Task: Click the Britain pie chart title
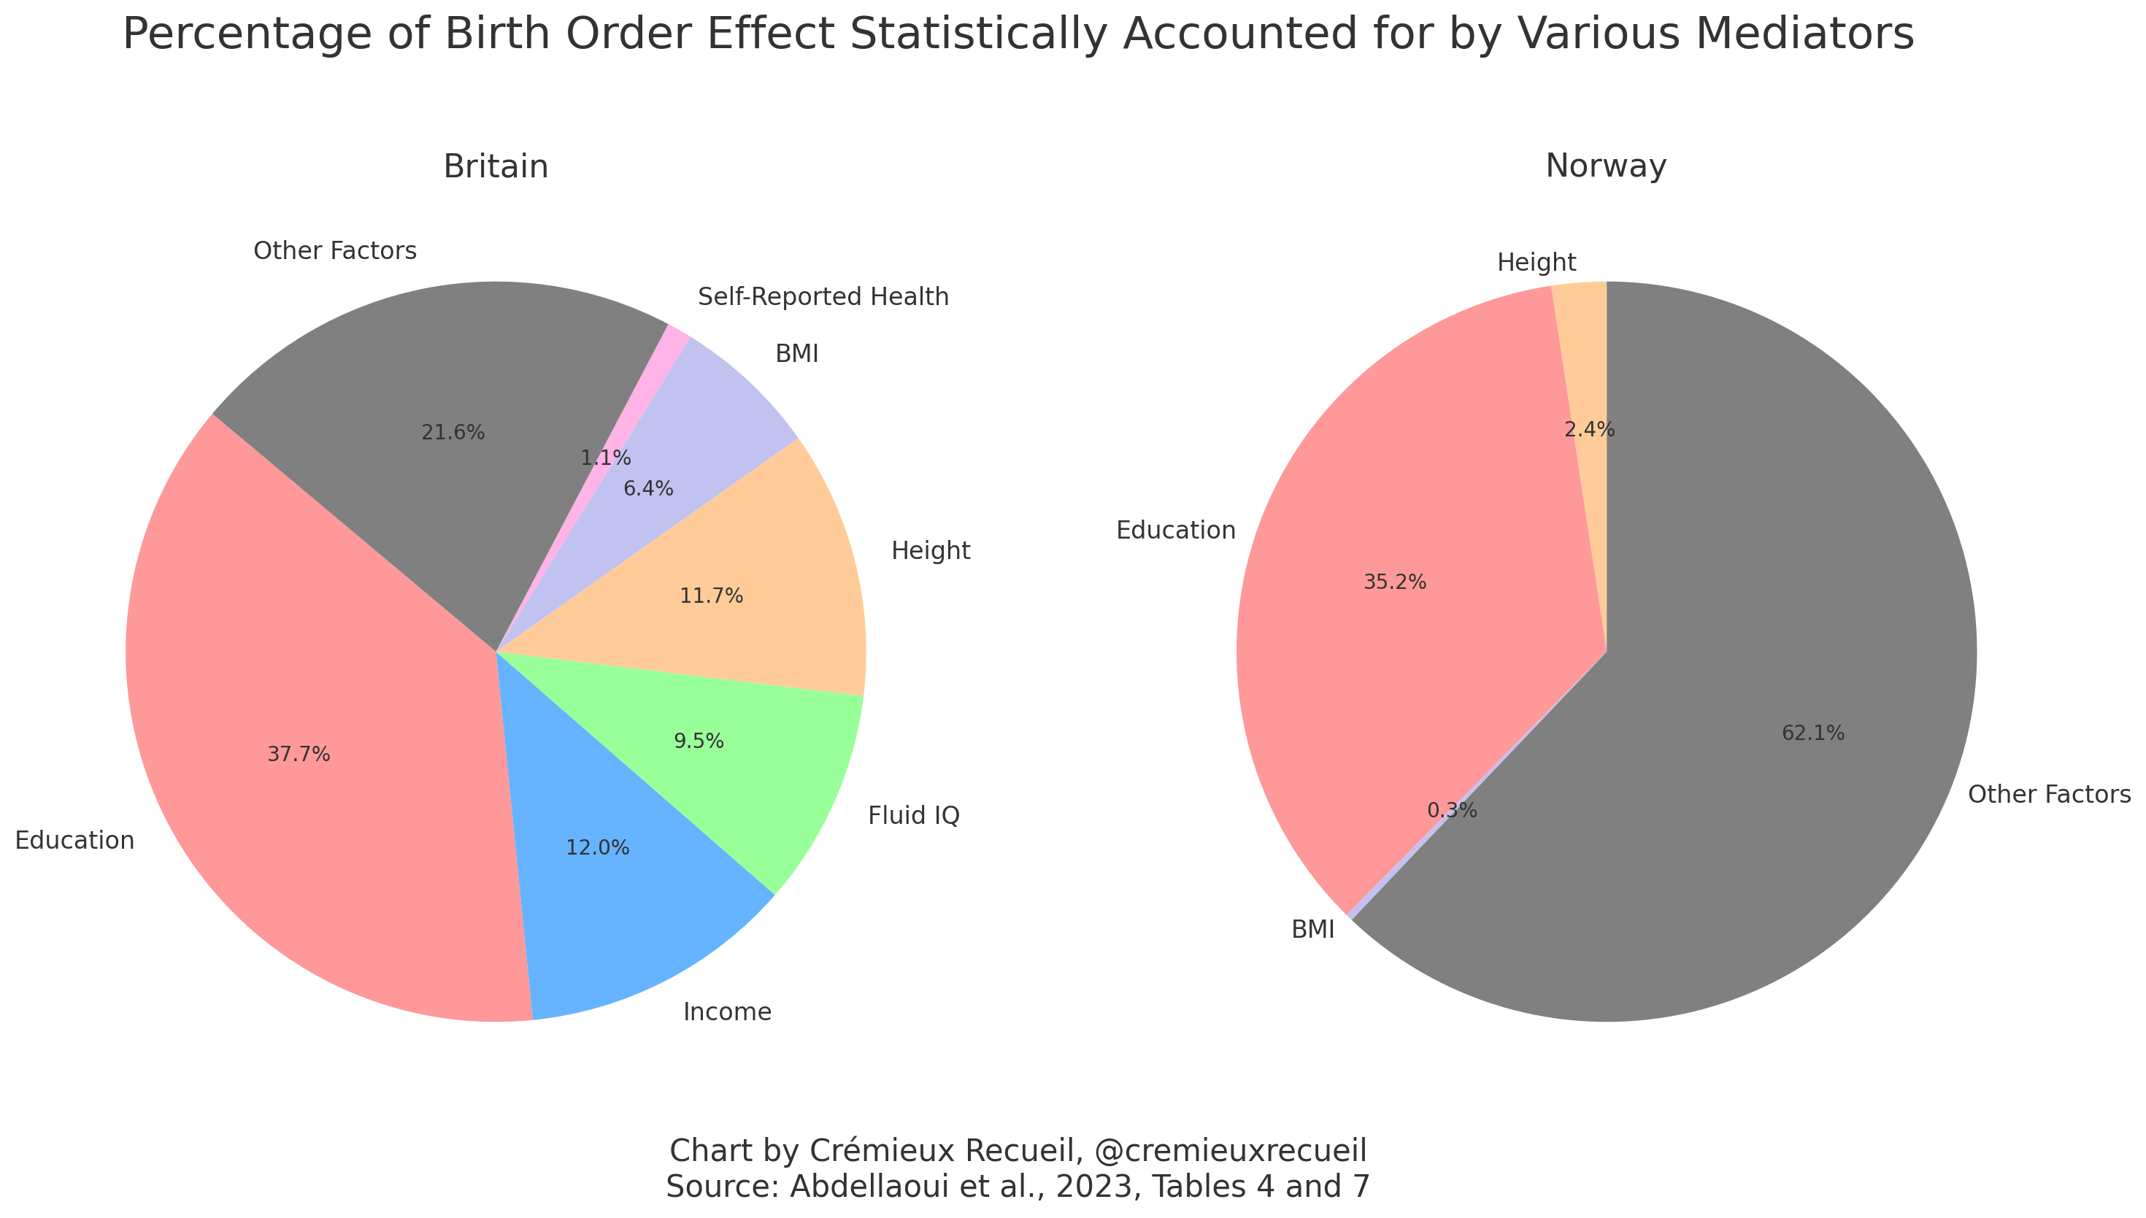click(x=496, y=166)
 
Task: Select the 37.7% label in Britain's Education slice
click(x=299, y=755)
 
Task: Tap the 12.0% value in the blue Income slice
click(x=597, y=848)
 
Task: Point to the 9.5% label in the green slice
click(x=699, y=741)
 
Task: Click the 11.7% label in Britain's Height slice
click(x=711, y=596)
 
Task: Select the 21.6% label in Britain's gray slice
click(x=453, y=433)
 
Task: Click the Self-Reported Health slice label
click(x=823, y=297)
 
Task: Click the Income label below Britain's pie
click(x=727, y=1012)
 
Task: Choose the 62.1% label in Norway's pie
click(x=1813, y=733)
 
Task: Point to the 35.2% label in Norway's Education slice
click(x=1395, y=582)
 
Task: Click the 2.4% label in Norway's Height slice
click(x=1589, y=430)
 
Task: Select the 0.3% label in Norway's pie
click(x=1452, y=811)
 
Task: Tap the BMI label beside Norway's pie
click(x=1312, y=930)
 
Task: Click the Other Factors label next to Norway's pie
click(x=2049, y=795)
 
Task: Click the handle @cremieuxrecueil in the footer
click(x=1229, y=1151)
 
